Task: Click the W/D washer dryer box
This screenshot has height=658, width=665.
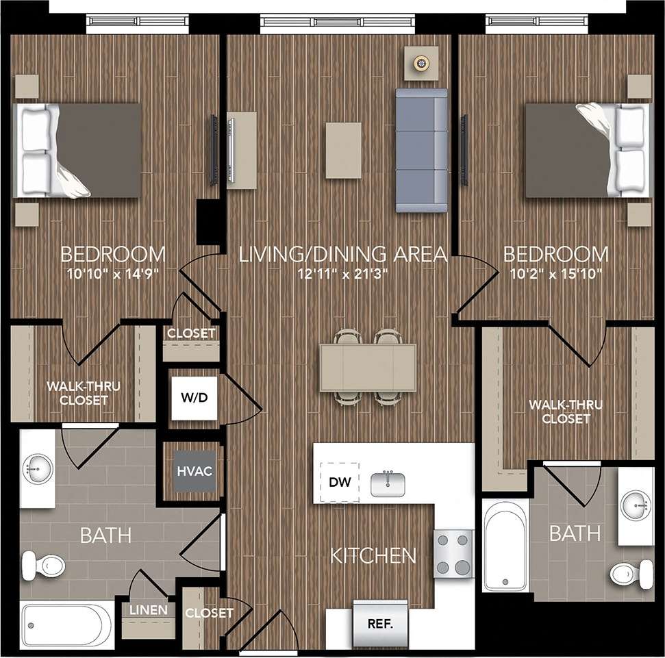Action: tap(194, 398)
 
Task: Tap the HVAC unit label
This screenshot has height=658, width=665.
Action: tap(194, 471)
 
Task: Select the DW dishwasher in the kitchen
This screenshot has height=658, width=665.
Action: tap(340, 482)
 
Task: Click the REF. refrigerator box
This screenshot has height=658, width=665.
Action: tap(379, 624)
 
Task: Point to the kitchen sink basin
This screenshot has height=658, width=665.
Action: tap(388, 483)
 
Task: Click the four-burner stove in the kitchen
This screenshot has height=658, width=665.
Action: tap(454, 555)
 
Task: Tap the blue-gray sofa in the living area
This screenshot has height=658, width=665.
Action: tap(421, 150)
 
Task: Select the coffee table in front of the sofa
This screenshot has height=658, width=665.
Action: tap(343, 150)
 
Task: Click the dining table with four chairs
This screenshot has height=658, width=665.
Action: tap(368, 368)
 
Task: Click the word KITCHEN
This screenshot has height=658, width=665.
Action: tap(373, 555)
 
